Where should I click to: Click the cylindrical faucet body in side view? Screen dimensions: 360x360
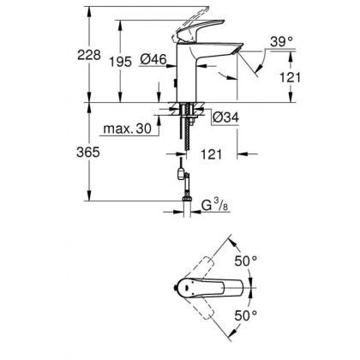(185, 77)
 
